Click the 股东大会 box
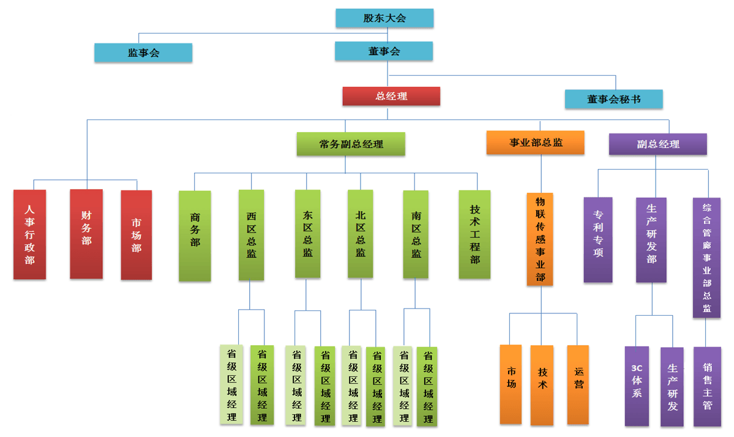coord(384,18)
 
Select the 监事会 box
coord(143,53)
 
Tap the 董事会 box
coord(384,51)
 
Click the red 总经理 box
coord(391,96)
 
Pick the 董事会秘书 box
coord(613,99)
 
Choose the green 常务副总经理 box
coord(351,144)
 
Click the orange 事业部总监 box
coord(536,143)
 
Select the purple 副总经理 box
coord(657,144)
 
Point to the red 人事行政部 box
coord(29,234)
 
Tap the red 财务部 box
coord(86,234)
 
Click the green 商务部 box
coord(195,236)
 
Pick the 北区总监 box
coord(361,234)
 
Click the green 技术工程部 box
coord(474,234)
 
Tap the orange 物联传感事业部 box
coord(540,239)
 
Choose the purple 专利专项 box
coord(598,239)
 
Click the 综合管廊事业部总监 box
coord(706,257)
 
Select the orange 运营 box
coord(578,384)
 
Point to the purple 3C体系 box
coord(637,386)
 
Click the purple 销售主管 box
coord(707,386)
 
